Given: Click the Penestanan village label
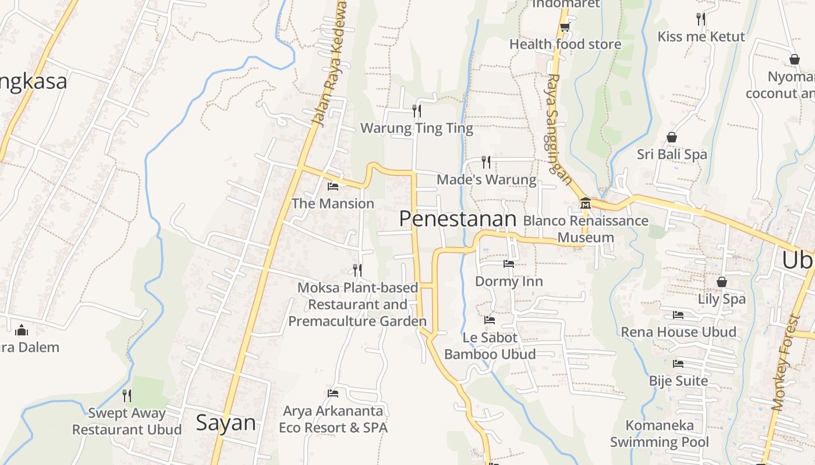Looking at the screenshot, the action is (458, 219).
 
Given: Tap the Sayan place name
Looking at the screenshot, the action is (226, 423).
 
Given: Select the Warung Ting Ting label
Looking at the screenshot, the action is (417, 128).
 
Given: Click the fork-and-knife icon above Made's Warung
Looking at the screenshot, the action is (486, 162).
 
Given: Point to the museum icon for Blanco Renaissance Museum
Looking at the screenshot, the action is (585, 203).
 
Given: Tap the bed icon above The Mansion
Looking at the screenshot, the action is (333, 187).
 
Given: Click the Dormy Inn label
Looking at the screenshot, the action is (509, 281).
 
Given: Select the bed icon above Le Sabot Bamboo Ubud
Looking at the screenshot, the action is (490, 320).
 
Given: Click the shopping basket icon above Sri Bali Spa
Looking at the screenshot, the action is (672, 137).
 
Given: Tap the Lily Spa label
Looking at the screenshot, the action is (722, 299).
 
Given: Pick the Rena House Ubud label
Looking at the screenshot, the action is (678, 332).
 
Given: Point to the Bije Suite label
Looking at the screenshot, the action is (678, 381).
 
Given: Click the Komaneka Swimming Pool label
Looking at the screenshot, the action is (660, 434).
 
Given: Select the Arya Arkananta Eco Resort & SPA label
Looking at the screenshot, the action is (333, 419).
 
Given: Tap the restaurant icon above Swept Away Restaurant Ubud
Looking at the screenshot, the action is (127, 396).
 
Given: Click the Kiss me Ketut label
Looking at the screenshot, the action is (701, 37).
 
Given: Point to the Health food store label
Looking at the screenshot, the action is (565, 44).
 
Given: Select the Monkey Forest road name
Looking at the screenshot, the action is (786, 363).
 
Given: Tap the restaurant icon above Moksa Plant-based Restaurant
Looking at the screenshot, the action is (357, 270).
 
